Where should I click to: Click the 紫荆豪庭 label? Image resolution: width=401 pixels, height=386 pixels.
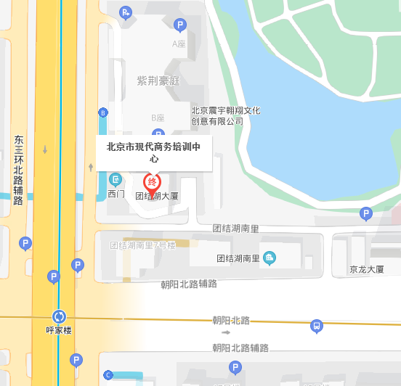tap(158, 80)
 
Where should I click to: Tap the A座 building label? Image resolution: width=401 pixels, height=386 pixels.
tap(179, 44)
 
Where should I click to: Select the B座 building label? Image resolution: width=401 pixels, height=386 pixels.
tap(158, 118)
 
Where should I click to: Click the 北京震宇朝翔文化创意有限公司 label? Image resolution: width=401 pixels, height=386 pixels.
tap(225, 116)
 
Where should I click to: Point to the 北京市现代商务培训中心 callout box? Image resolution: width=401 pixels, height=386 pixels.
tap(153, 152)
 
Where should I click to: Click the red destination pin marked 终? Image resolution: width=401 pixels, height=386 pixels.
tap(153, 183)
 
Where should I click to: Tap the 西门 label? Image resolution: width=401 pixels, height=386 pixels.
tap(116, 194)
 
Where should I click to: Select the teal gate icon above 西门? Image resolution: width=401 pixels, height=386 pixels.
tap(116, 179)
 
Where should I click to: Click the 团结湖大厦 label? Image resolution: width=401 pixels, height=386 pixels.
tap(157, 196)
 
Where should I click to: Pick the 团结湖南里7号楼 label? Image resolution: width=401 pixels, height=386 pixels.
tap(143, 245)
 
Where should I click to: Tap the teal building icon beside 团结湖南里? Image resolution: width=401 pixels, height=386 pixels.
tap(270, 258)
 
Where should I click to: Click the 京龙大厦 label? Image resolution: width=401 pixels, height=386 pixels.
tap(366, 269)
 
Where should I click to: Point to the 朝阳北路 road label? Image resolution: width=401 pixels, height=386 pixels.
tap(231, 320)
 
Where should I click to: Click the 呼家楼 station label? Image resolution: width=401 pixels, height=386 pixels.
tap(59, 331)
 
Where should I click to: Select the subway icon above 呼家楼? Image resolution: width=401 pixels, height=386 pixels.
tap(59, 316)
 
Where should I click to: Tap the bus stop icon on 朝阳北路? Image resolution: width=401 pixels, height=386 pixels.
tap(316, 326)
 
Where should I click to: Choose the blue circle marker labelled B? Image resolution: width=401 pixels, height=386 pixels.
tap(103, 112)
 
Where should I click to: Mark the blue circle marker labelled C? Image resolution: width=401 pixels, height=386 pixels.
tap(108, 375)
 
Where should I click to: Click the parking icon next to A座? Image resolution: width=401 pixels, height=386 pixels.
tap(180, 25)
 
